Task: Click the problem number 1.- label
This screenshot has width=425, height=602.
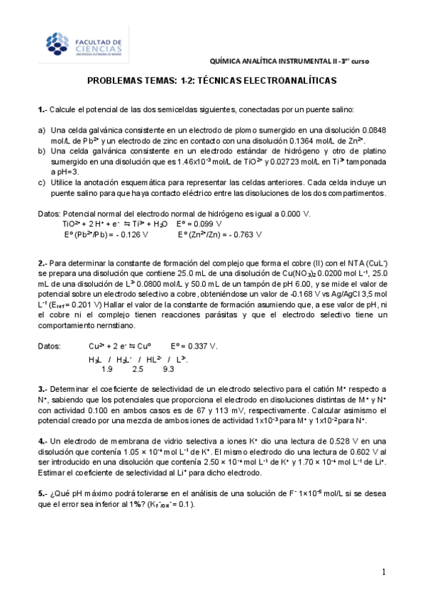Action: point(42,109)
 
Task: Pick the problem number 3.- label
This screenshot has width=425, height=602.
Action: point(42,389)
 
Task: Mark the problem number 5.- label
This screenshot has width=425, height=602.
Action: point(42,494)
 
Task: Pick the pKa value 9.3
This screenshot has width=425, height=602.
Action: point(169,368)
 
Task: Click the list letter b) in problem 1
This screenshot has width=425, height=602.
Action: point(42,152)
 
